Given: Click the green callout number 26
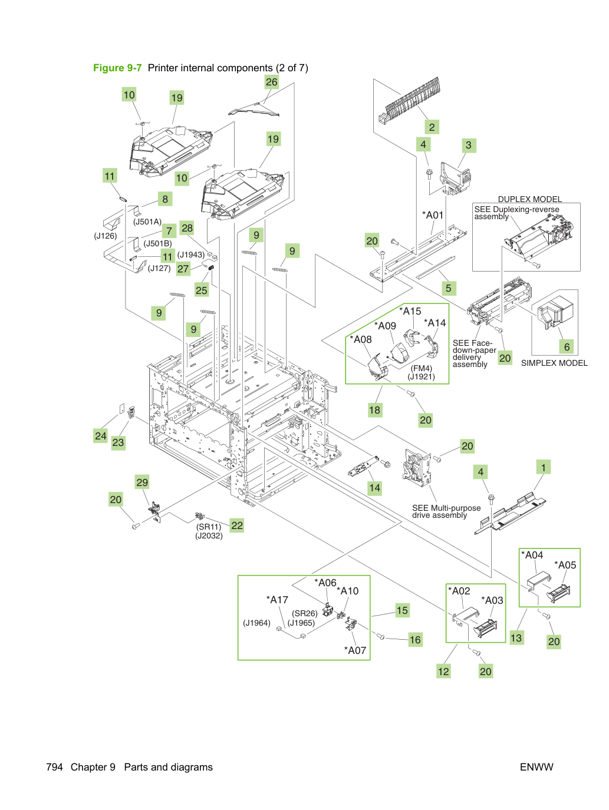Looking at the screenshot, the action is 271,82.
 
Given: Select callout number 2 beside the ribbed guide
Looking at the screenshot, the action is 432,127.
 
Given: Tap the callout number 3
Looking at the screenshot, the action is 469,145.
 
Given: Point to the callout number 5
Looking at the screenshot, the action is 448,288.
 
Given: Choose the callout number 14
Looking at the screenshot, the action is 374,488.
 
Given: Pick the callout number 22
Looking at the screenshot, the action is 237,525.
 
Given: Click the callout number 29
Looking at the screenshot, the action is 142,482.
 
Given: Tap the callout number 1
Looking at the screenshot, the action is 543,468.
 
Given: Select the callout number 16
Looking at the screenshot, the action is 415,640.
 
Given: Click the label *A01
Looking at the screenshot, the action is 433,215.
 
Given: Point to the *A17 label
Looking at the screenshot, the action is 277,600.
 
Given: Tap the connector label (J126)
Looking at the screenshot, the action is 106,236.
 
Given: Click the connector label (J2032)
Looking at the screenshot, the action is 209,535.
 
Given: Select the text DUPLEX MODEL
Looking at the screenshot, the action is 529,199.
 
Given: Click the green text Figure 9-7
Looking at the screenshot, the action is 117,68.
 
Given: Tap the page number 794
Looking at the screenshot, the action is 54,767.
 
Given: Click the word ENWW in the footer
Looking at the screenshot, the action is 536,767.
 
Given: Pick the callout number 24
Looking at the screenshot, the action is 100,436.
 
